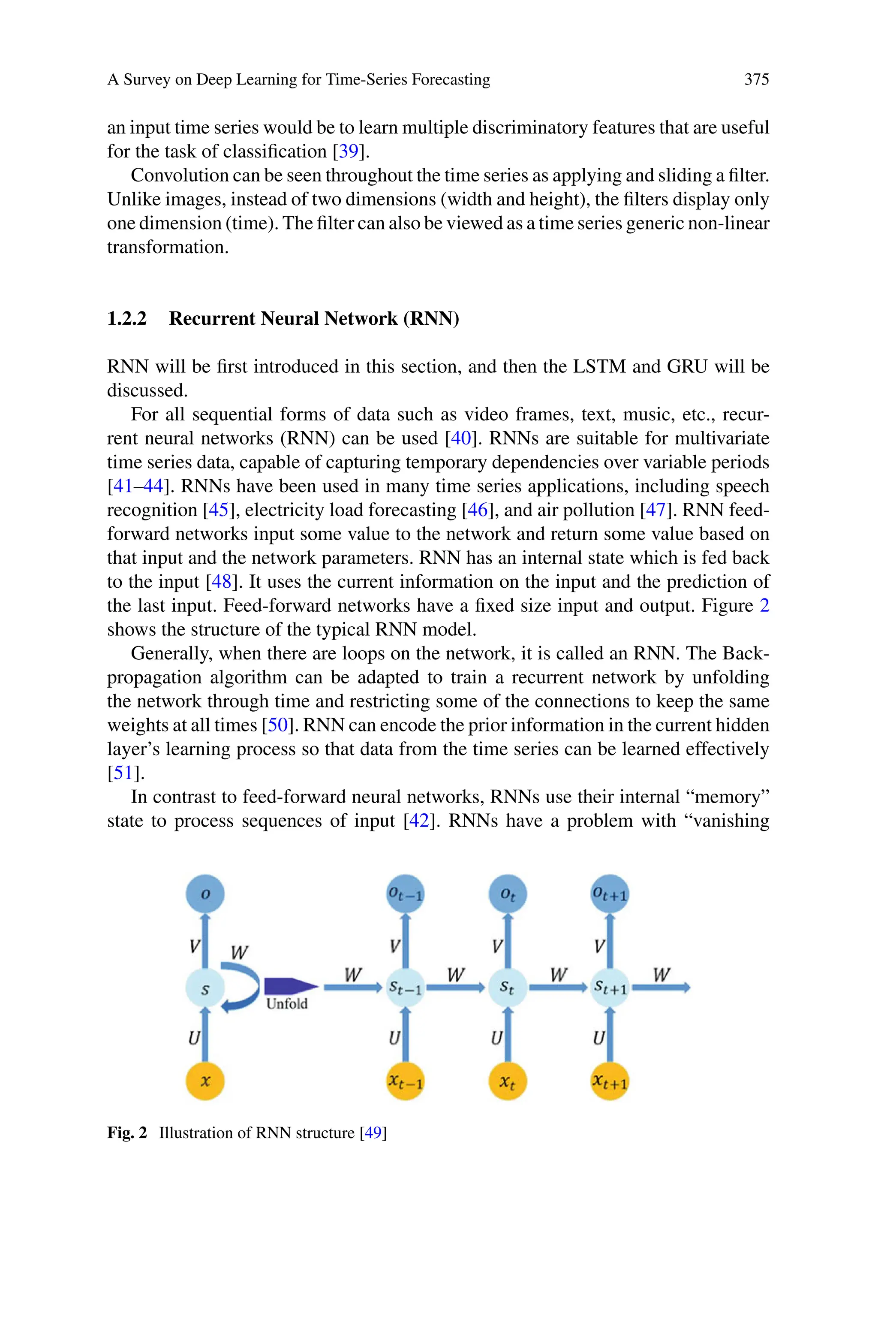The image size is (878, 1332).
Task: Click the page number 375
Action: (x=756, y=79)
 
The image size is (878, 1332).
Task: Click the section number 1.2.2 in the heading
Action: (x=126, y=319)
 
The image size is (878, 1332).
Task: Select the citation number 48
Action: (x=221, y=582)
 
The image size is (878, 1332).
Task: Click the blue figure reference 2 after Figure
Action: (x=764, y=606)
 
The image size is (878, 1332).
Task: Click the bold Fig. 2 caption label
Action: (x=126, y=1133)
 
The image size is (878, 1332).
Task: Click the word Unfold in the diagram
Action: (x=287, y=1004)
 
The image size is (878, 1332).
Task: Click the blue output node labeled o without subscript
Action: (x=205, y=894)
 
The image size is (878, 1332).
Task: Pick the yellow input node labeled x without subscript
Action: (x=205, y=1081)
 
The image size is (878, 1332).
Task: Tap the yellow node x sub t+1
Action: (x=610, y=1081)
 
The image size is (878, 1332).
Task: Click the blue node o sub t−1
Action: (x=406, y=894)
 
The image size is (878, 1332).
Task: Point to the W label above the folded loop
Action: (x=239, y=952)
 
